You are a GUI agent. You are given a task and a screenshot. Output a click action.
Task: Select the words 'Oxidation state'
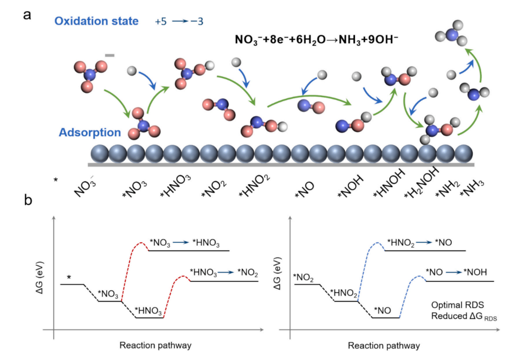[97, 21]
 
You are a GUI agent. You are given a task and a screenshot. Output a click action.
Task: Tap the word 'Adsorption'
[89, 132]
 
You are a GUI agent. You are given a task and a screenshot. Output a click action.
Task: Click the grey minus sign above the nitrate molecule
[109, 55]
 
